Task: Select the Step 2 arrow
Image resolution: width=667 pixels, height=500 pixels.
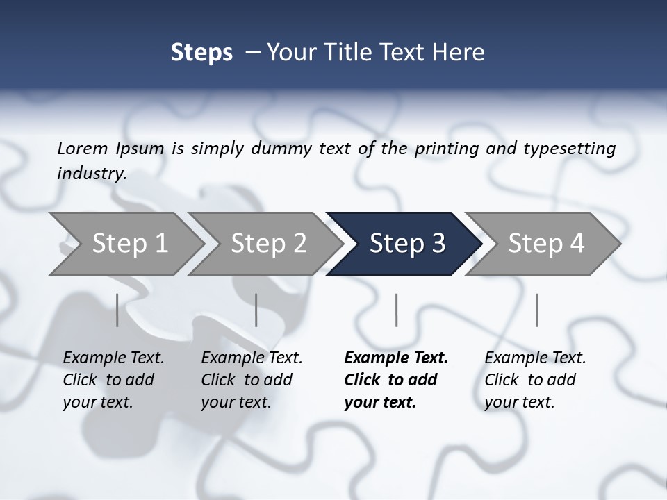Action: click(x=268, y=244)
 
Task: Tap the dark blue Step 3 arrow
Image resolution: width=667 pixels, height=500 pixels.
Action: click(x=406, y=244)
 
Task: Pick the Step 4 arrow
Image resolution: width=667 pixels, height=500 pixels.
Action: click(x=545, y=244)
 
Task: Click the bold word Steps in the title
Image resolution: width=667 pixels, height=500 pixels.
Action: click(x=201, y=53)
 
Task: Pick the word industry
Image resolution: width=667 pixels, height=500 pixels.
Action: click(x=91, y=174)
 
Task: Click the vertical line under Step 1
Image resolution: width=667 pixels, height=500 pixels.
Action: click(x=117, y=310)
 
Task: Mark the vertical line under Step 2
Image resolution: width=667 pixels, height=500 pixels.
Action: click(x=256, y=310)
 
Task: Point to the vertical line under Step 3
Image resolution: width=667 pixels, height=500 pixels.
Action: click(x=396, y=310)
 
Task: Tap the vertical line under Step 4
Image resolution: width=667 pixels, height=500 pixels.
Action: click(x=536, y=310)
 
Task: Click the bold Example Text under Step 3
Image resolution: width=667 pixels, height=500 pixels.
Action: click(x=396, y=358)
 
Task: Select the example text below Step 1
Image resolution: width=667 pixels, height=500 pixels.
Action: click(x=113, y=380)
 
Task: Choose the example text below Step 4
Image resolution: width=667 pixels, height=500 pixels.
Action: click(x=535, y=380)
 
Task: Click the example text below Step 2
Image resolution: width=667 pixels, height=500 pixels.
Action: click(x=252, y=380)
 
